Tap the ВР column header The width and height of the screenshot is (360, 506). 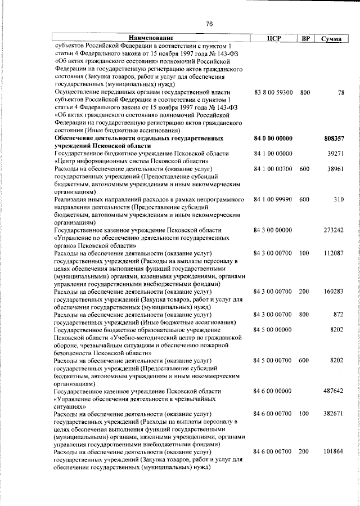click(x=305, y=38)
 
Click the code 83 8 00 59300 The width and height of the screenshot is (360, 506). click(x=273, y=92)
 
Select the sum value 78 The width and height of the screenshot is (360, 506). click(x=340, y=92)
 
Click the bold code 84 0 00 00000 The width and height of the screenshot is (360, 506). click(x=273, y=138)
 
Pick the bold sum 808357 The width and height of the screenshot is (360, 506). click(x=334, y=138)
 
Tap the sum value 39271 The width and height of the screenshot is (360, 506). click(x=335, y=154)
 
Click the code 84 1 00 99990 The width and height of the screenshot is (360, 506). click(x=273, y=199)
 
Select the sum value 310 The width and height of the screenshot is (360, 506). click(x=338, y=199)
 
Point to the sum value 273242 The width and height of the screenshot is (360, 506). click(x=334, y=230)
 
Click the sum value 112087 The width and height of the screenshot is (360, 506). click(x=334, y=253)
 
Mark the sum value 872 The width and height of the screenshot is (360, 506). click(x=338, y=314)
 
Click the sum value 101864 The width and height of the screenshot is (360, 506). click(x=334, y=451)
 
